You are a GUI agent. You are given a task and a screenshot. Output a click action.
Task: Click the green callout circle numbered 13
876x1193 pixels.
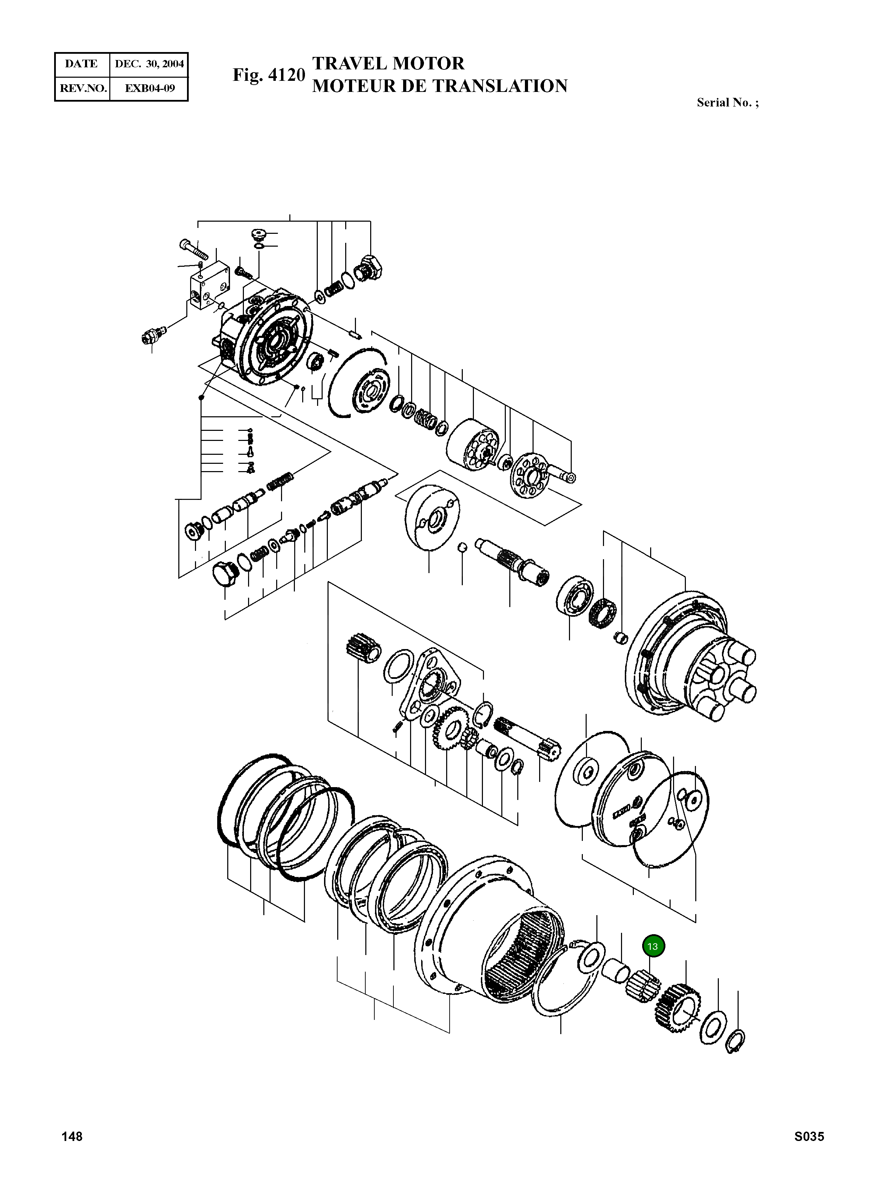653,946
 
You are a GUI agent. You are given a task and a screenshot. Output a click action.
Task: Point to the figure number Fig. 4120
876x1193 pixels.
269,75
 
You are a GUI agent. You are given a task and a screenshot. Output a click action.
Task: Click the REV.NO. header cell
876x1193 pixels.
83,88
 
